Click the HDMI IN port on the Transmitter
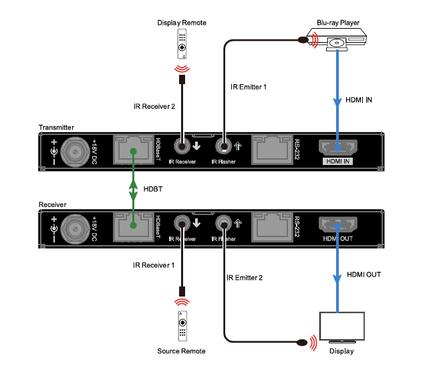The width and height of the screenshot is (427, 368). (x=339, y=148)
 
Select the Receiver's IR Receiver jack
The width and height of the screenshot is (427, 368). (x=181, y=224)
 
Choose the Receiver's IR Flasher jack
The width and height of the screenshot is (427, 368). (x=223, y=224)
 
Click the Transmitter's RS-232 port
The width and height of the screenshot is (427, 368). (x=271, y=150)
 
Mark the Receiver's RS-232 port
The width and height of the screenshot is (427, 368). (x=271, y=226)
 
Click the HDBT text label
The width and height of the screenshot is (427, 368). (x=153, y=189)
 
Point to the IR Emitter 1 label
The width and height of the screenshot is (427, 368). (x=249, y=86)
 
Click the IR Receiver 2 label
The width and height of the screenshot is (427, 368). (x=153, y=105)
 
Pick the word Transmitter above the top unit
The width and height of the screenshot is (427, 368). (x=56, y=127)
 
